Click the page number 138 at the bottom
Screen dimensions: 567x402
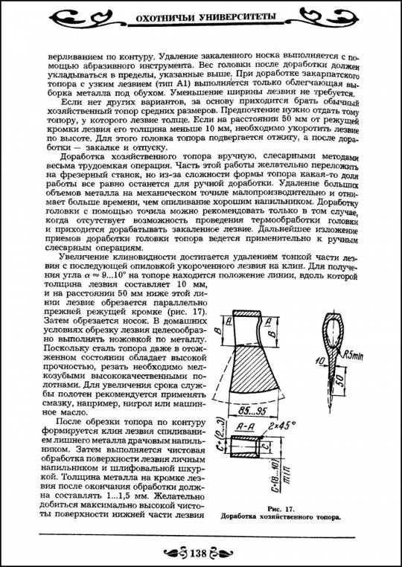tap(201, 552)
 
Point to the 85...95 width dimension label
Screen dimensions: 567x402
tap(259, 411)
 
